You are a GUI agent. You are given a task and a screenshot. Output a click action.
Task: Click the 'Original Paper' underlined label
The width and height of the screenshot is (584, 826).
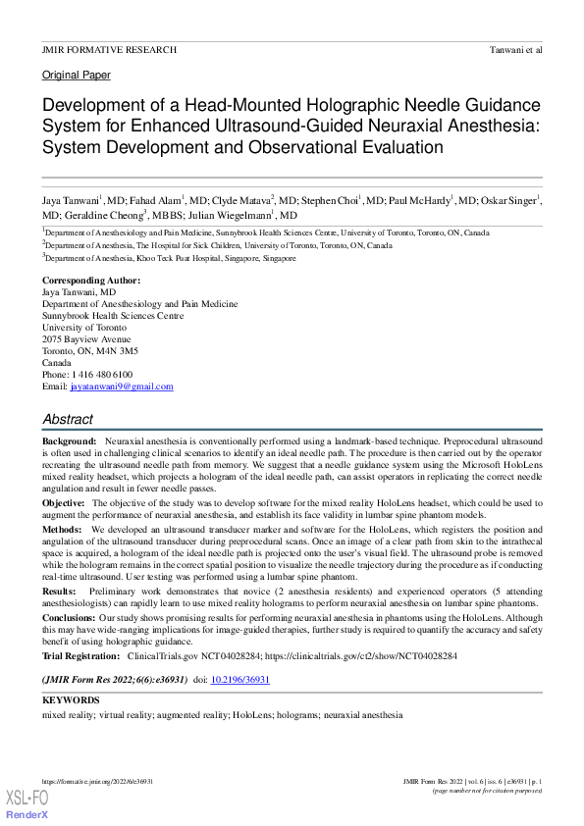[76, 75]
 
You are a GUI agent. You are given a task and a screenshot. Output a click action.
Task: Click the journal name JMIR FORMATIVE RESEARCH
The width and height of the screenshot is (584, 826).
[109, 49]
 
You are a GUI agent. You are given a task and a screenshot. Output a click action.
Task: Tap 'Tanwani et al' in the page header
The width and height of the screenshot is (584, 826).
[515, 49]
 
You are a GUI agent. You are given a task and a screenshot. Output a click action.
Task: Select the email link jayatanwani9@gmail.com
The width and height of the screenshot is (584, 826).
[122, 387]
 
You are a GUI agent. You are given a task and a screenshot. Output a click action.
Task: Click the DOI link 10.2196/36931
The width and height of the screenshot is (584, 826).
[240, 679]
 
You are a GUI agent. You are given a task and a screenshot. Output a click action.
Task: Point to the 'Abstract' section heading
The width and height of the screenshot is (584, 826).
[68, 419]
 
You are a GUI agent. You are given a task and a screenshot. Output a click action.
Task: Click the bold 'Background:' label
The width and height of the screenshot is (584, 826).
[69, 443]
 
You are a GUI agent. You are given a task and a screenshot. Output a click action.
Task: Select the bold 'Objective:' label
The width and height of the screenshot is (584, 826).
[63, 502]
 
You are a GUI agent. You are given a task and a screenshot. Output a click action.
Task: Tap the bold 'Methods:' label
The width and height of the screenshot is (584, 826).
[62, 528]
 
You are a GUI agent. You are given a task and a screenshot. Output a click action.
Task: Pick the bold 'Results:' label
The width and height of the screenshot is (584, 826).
[59, 593]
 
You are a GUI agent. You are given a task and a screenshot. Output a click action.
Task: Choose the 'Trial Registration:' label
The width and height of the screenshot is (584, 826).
[80, 655]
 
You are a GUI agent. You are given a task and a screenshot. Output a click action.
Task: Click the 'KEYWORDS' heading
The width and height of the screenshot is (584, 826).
[71, 700]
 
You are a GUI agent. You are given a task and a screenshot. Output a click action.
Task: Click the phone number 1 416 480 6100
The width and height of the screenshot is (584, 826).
[103, 375]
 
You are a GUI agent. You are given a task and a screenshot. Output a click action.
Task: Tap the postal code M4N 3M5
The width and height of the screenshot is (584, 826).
[116, 351]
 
